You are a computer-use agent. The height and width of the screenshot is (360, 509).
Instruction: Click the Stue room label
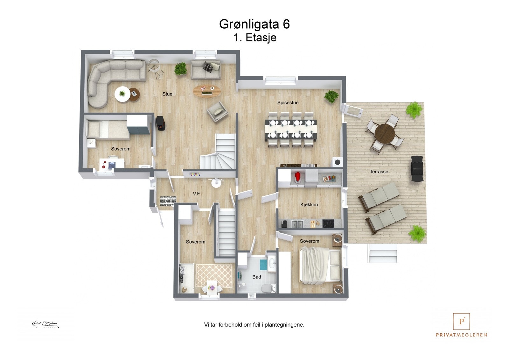(167, 94)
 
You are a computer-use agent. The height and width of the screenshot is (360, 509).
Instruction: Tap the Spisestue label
(288, 102)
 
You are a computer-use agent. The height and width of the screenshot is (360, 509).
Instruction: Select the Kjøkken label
(309, 205)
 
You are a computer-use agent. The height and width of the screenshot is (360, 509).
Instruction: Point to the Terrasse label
(379, 172)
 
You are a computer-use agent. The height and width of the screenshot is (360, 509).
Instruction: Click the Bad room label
(256, 277)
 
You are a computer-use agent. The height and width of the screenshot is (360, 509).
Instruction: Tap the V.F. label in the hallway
(197, 194)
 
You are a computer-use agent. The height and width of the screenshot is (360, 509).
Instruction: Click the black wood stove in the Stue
(161, 123)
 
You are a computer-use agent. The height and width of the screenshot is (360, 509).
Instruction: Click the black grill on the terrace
(417, 169)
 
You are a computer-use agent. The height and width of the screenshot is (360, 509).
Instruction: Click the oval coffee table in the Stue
(207, 91)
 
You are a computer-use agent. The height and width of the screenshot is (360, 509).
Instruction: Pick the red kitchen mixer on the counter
(297, 178)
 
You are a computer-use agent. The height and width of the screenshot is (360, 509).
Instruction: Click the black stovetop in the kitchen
(328, 224)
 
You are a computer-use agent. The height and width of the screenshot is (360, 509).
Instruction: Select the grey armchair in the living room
(217, 111)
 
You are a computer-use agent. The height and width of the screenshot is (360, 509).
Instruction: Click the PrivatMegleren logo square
(461, 321)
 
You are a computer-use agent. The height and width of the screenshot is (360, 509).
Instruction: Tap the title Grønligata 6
(254, 24)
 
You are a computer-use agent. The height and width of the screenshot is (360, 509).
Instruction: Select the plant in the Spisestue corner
(331, 96)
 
